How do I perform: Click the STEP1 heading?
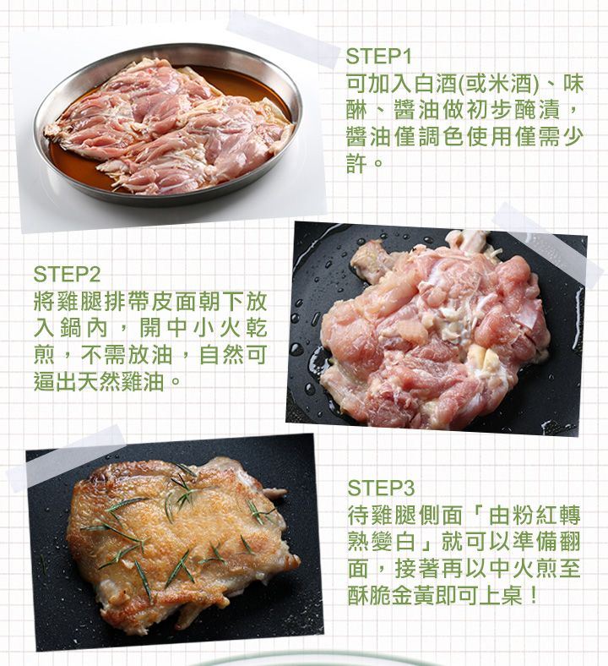378,57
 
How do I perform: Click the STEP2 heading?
67,275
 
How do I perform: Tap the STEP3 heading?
380,488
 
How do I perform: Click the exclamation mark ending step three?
533,595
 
